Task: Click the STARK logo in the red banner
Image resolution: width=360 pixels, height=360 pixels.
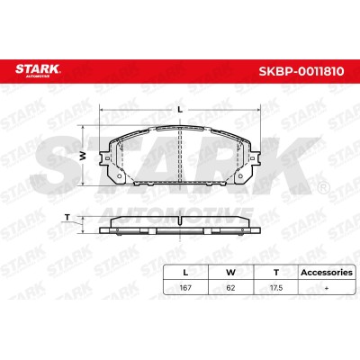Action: tap(38, 70)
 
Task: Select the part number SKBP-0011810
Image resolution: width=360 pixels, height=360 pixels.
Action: tap(301, 71)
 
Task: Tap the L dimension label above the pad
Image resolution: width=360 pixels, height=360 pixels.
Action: tap(180, 110)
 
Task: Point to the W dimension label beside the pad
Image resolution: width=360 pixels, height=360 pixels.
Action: tap(83, 156)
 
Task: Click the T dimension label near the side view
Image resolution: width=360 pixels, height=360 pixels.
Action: tap(67, 217)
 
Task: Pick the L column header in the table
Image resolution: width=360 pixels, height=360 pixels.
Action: tap(185, 273)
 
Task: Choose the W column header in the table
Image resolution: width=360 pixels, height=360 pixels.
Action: tap(230, 273)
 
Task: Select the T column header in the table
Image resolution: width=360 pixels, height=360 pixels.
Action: tap(276, 273)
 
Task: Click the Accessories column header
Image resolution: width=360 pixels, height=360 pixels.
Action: tap(327, 273)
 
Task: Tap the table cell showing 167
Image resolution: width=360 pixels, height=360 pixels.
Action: tap(185, 288)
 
